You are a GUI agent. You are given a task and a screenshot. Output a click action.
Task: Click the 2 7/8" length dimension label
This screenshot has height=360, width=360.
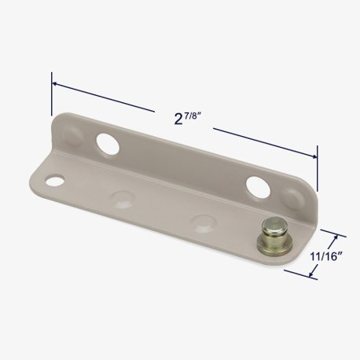187,119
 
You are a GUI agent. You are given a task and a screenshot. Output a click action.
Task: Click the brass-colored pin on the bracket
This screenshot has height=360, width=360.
275,237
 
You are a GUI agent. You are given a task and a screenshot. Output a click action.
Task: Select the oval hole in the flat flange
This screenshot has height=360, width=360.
55,180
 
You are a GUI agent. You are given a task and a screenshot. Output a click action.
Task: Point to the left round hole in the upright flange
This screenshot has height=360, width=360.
108,144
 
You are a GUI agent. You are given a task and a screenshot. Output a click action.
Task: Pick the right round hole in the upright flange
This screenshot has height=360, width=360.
258,188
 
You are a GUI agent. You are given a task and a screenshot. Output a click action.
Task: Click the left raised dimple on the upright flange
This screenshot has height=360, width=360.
72,134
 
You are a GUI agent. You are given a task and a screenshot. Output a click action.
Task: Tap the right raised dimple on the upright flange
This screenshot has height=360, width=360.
294,198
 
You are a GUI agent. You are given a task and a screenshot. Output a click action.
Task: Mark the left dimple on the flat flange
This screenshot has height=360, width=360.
122,200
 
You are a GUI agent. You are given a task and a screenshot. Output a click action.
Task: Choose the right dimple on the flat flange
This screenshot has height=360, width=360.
204,223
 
